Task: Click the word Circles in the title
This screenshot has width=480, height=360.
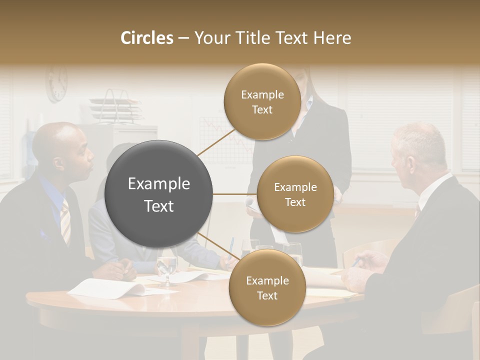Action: point(146,38)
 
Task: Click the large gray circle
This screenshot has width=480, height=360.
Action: point(159,194)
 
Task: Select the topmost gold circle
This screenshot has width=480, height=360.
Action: point(262,101)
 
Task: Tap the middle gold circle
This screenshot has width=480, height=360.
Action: point(295,194)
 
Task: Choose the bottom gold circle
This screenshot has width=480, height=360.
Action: point(267,287)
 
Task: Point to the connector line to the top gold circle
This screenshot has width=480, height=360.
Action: point(216,142)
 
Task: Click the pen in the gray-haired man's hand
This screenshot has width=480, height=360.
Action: point(356,261)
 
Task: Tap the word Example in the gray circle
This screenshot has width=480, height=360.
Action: point(159,184)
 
